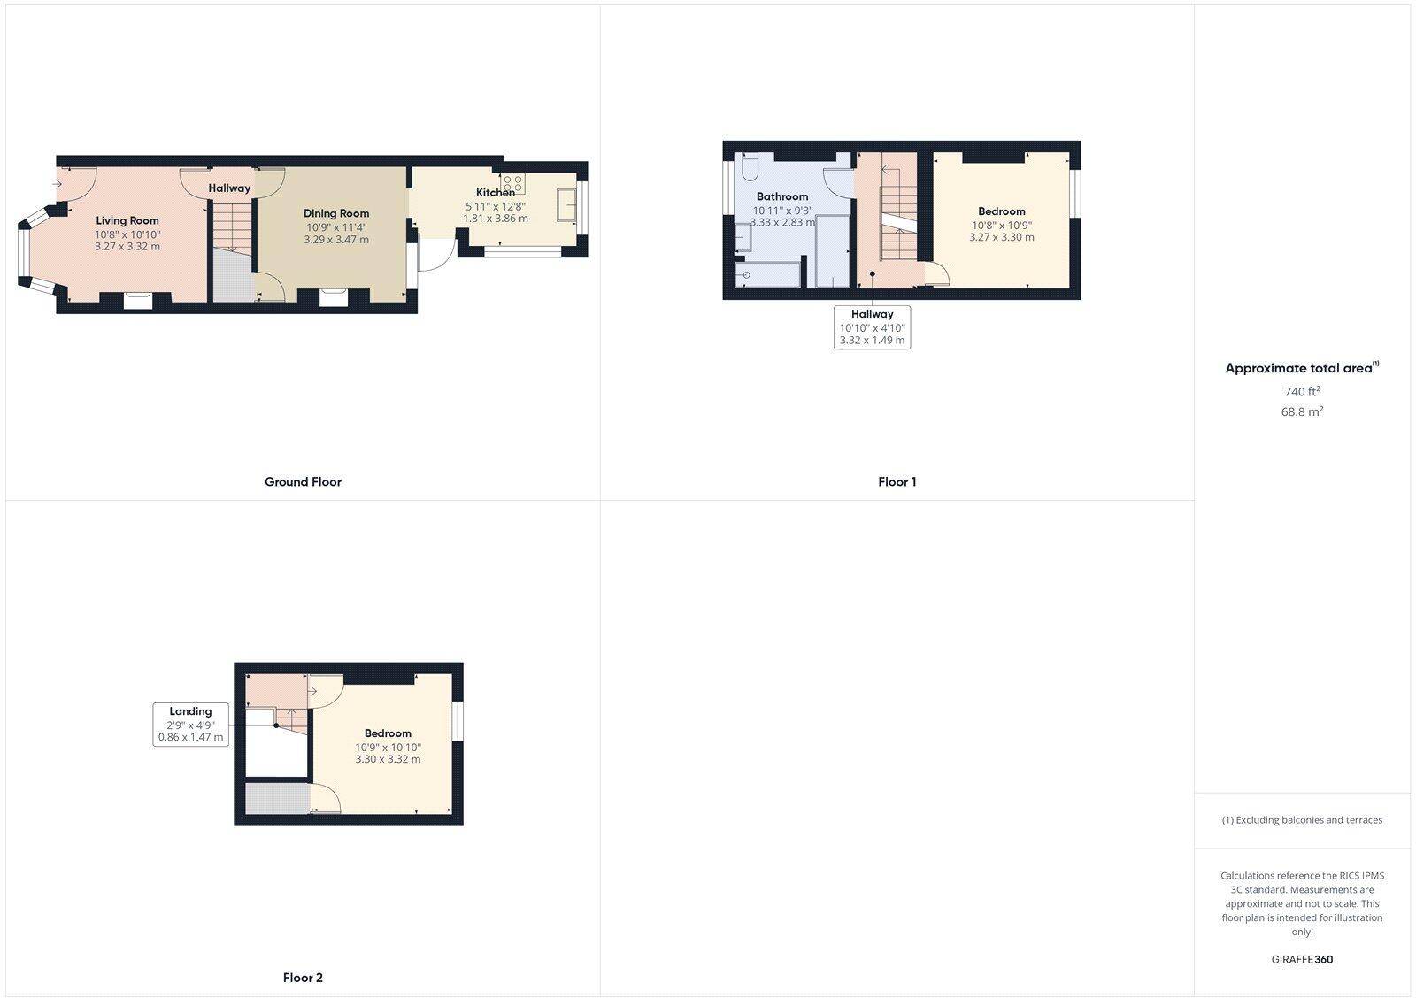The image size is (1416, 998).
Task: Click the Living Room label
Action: tap(127, 221)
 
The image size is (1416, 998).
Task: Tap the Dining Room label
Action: tap(336, 213)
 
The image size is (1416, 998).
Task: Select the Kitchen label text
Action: tap(495, 193)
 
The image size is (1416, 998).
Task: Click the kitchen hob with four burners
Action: tap(513, 184)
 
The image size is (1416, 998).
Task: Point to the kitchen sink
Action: tap(567, 205)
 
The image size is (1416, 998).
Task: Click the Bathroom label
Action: tap(782, 196)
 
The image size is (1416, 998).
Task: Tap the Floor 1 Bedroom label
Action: tap(1002, 211)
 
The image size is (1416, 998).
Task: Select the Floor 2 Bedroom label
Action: tap(388, 733)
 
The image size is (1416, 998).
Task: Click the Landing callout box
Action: tap(190, 724)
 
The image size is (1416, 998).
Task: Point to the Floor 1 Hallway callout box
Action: tap(872, 326)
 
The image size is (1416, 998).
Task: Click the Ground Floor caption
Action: tap(303, 482)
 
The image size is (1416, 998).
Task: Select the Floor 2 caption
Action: tap(303, 978)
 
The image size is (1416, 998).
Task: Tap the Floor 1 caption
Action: tap(897, 482)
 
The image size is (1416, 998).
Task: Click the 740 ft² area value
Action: tap(1302, 391)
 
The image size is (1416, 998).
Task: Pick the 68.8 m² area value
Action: tap(1302, 411)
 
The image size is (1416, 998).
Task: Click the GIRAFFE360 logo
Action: tap(1302, 959)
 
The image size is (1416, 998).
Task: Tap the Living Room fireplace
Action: tap(137, 301)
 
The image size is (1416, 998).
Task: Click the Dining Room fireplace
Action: tap(334, 298)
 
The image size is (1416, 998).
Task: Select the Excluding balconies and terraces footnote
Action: tap(1302, 820)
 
